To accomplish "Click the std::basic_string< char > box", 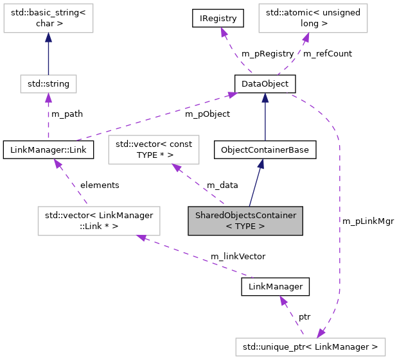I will coord(48,20).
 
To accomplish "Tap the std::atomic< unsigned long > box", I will coord(313,20).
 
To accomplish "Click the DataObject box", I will coord(265,84).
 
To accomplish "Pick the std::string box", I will coord(48,84).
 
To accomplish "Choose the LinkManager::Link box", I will coord(49,150).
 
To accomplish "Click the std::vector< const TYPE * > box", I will coord(154,150).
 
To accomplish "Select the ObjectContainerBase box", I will coord(265,150).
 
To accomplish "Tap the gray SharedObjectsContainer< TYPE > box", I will coord(245,220).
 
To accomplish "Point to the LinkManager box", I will coord(275,286).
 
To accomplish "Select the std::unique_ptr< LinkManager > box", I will coord(310,347).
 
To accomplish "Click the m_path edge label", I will coord(67,114).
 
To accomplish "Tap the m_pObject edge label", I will coord(207,114).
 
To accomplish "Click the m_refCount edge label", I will coord(328,54).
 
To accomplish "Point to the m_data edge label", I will coord(222,185).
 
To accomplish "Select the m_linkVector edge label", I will coord(238,257).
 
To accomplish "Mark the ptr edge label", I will coord(304,318).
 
